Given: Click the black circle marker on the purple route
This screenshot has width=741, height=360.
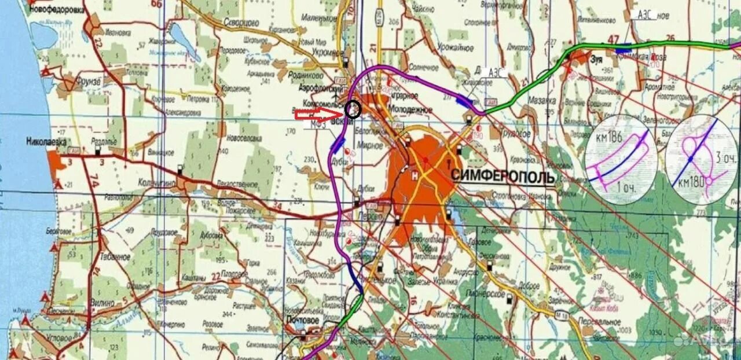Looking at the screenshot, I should (x=352, y=109).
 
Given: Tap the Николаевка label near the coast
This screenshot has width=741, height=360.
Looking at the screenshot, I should (x=46, y=141).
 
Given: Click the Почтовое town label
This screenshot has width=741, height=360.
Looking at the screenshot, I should (x=302, y=319).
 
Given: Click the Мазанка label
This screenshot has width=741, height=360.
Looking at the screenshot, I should (x=541, y=100).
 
